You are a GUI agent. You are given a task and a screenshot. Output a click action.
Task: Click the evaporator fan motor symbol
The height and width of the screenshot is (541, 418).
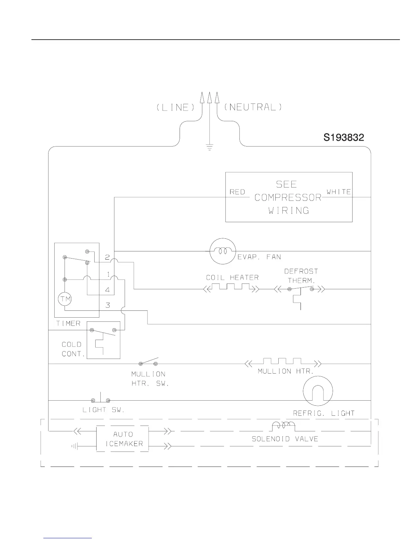coord(223,251)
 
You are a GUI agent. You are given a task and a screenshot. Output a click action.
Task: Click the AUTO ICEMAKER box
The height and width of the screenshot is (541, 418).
coord(123,439)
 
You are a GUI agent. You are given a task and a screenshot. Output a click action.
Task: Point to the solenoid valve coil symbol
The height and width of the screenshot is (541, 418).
coord(283,426)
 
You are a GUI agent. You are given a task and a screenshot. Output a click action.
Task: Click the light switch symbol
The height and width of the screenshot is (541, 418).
coord(100,399)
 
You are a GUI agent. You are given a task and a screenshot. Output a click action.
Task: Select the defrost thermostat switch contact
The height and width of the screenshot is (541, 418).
coord(301,288)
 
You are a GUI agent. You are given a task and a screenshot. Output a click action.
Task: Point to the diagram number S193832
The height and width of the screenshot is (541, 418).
coord(344,138)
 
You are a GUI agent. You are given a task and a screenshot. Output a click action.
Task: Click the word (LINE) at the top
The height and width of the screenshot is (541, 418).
coord(176,107)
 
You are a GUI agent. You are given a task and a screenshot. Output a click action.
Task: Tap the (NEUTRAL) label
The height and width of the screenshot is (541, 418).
coord(253,107)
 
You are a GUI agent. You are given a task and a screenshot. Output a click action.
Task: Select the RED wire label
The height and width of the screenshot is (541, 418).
coord(237,192)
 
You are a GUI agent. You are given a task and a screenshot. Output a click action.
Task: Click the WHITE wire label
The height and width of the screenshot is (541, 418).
coord(338,192)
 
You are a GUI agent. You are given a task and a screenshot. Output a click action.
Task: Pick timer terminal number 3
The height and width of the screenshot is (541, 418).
coord(108,305)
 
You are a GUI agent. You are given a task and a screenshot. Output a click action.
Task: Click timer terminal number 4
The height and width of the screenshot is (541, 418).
coord(108,290)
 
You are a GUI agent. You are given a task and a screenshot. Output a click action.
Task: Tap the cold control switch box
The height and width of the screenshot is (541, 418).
coord(103,340)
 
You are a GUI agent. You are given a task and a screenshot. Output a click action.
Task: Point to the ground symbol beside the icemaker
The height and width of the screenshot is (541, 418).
coord(75,446)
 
